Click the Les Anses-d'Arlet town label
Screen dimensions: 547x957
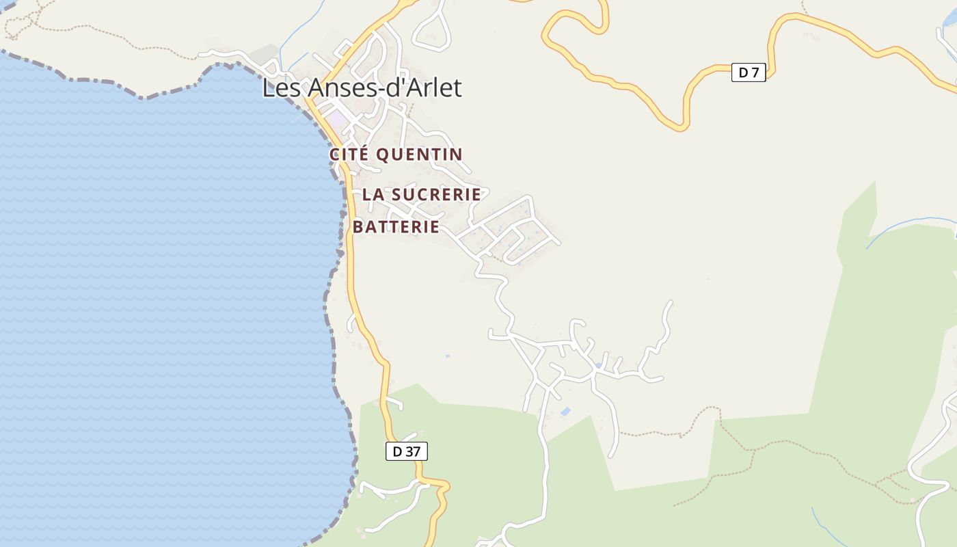(362, 88)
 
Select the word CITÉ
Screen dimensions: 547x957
(349, 155)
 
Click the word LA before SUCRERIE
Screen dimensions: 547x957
(372, 194)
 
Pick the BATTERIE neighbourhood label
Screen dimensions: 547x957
(396, 227)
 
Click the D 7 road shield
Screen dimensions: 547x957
(749, 72)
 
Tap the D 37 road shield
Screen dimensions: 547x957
(406, 451)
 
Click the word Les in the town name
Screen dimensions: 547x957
(282, 88)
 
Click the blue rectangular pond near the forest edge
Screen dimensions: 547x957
(566, 412)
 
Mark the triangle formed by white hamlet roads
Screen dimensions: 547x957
(535, 356)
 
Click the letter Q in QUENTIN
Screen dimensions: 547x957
(383, 155)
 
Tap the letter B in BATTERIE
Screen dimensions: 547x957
(358, 227)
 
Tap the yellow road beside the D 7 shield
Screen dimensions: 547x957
(718, 68)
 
